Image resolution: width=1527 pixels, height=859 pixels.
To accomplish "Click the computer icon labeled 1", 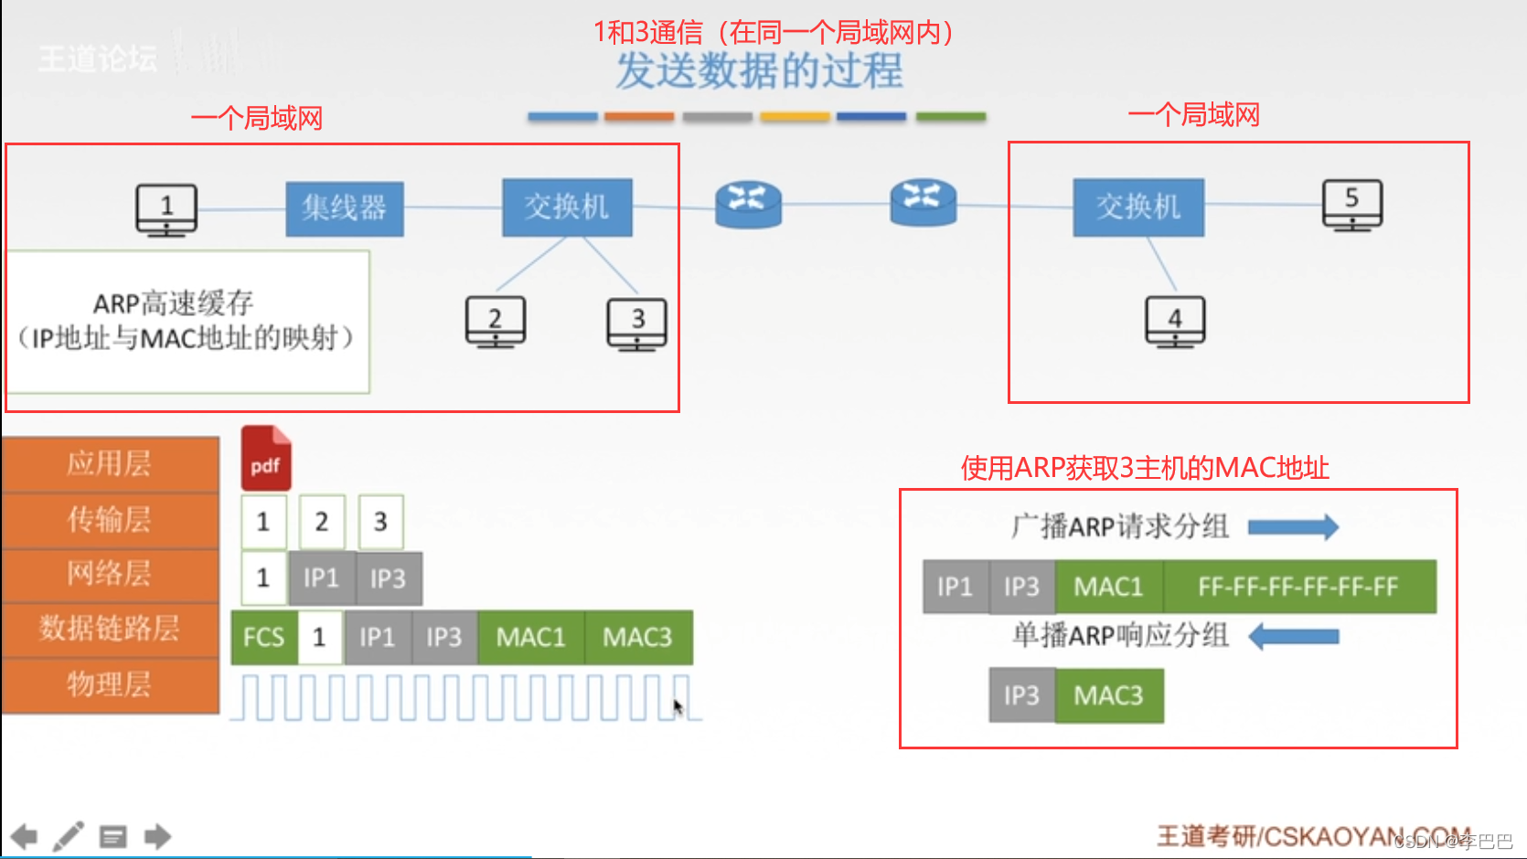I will pos(166,209).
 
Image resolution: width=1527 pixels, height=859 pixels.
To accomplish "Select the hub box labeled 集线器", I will pos(345,208).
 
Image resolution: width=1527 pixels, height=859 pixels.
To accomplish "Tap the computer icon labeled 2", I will pos(495,321).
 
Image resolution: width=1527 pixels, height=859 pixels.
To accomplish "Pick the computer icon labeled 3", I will pos(637,323).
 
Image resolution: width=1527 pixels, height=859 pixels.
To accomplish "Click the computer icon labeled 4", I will pos(1175,321).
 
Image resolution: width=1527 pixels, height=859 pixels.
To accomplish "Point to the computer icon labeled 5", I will pos(1352,204).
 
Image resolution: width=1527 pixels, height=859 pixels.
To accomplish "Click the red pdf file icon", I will pos(266,458).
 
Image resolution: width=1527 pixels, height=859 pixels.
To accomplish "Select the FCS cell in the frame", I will pos(264,637).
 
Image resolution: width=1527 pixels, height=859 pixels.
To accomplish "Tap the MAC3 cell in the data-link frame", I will pos(637,637).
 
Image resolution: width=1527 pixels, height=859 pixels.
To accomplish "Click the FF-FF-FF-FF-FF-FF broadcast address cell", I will pos(1298,587).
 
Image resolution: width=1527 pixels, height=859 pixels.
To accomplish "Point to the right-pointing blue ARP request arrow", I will pos(1293,526).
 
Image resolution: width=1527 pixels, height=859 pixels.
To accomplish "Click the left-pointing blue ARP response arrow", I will pos(1293,636).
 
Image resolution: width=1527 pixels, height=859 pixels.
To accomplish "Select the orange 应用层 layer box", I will pos(110,464).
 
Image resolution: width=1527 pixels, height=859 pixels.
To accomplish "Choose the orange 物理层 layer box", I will pos(110,684).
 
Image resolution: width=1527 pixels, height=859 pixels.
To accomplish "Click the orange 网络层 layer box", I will pos(110,574).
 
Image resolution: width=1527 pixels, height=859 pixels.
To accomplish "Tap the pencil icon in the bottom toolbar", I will pos(69,836).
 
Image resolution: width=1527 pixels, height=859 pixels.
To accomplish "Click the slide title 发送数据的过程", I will pos(759,70).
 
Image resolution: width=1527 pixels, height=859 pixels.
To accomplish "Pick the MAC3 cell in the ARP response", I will pos(1109,696).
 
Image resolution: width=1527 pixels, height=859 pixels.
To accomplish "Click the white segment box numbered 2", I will pos(321,522).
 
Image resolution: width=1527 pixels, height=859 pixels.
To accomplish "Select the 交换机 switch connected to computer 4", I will pos(1138,207).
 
